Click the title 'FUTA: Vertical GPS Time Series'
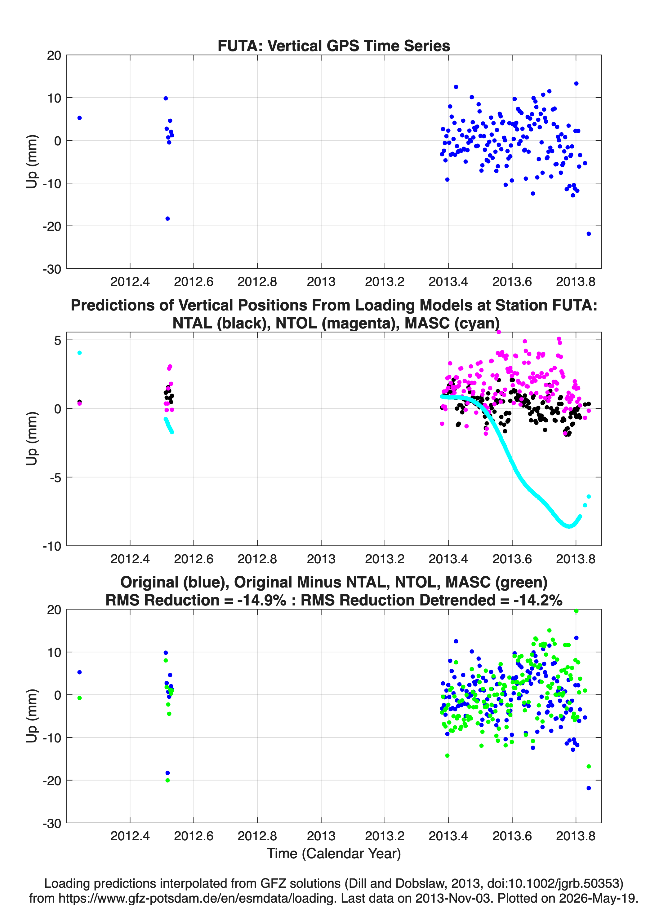click(x=334, y=46)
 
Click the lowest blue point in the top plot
click(x=589, y=233)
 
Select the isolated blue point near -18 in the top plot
click(x=167, y=218)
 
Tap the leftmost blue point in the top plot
click(x=79, y=118)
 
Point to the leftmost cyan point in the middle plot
click(x=79, y=353)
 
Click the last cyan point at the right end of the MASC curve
click(x=589, y=496)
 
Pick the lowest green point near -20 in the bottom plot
click(x=167, y=780)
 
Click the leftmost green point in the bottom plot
click(x=79, y=698)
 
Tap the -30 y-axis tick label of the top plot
click(x=52, y=269)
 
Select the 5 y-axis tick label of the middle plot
click(x=57, y=340)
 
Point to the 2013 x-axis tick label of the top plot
click(x=321, y=282)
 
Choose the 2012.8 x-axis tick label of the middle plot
click(x=257, y=559)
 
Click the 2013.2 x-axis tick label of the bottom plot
click(x=385, y=836)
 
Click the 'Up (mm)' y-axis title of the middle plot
click(x=32, y=438)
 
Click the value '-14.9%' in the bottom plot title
click(x=261, y=600)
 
